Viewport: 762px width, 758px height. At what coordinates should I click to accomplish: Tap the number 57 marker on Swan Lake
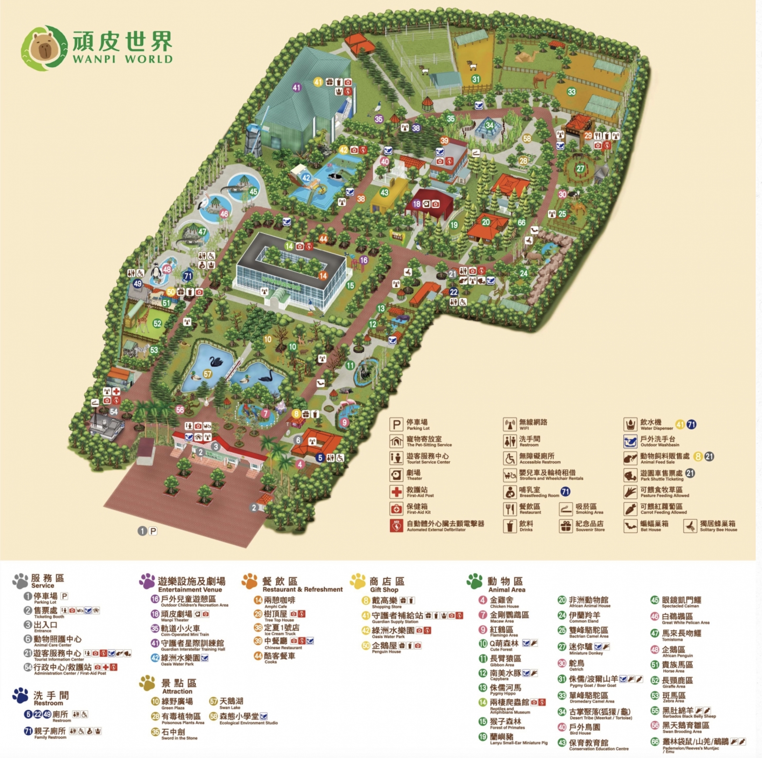[x=208, y=374]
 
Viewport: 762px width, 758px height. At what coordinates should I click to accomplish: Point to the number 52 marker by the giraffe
[x=157, y=324]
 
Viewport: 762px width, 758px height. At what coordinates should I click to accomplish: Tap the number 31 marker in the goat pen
[x=476, y=79]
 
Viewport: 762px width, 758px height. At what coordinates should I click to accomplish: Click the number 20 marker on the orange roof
[x=486, y=222]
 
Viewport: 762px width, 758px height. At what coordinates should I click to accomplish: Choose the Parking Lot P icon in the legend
[x=396, y=425]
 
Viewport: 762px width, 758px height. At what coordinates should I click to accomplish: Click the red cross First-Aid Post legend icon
[x=396, y=492]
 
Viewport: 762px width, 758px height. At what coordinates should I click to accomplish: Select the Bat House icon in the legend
[x=630, y=526]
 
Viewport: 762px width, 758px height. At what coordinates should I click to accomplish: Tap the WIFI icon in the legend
[x=510, y=425]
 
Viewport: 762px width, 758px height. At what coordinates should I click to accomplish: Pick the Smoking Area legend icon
[x=566, y=509]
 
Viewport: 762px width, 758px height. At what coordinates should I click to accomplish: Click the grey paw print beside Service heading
[x=20, y=581]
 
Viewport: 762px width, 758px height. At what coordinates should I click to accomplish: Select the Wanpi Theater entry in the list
[x=176, y=614]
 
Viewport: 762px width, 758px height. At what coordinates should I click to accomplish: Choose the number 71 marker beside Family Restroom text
[x=28, y=731]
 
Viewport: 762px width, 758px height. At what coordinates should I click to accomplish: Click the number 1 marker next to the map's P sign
[x=142, y=531]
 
